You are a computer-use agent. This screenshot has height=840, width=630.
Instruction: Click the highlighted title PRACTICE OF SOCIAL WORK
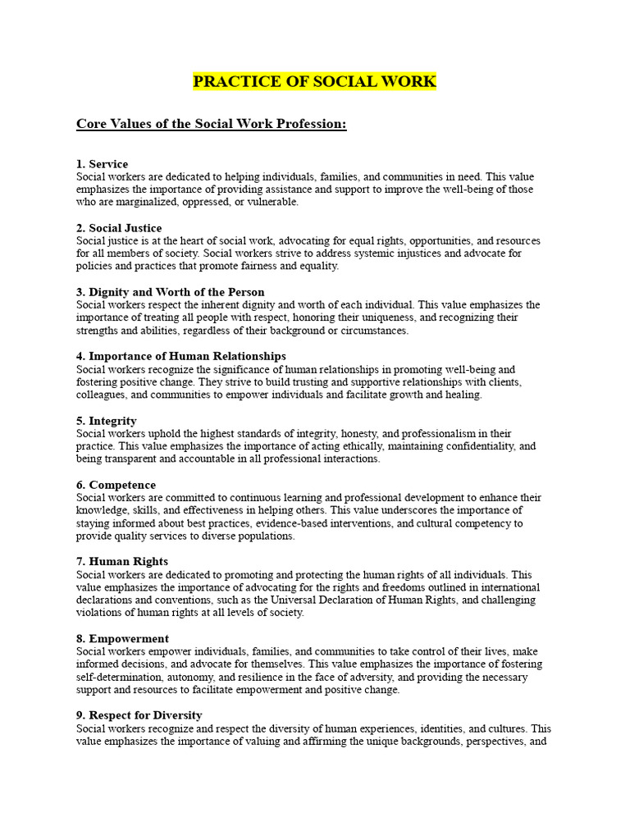point(315,81)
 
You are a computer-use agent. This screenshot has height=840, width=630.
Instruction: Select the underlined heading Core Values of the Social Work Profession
point(212,124)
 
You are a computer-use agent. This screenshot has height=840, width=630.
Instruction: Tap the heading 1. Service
point(102,164)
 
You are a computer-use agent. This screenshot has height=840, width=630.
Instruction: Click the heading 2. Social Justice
point(119,228)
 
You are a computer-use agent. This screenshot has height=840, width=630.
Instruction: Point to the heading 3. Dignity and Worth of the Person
point(171,292)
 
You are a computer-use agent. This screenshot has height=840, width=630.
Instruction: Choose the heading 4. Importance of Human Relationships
point(181,356)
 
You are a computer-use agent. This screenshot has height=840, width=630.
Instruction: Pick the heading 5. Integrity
point(107,421)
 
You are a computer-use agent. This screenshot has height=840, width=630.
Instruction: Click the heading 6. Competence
point(116,485)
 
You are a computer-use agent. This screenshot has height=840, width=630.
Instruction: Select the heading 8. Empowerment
point(122,638)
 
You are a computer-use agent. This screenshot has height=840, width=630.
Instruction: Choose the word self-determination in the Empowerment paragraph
point(120,677)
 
